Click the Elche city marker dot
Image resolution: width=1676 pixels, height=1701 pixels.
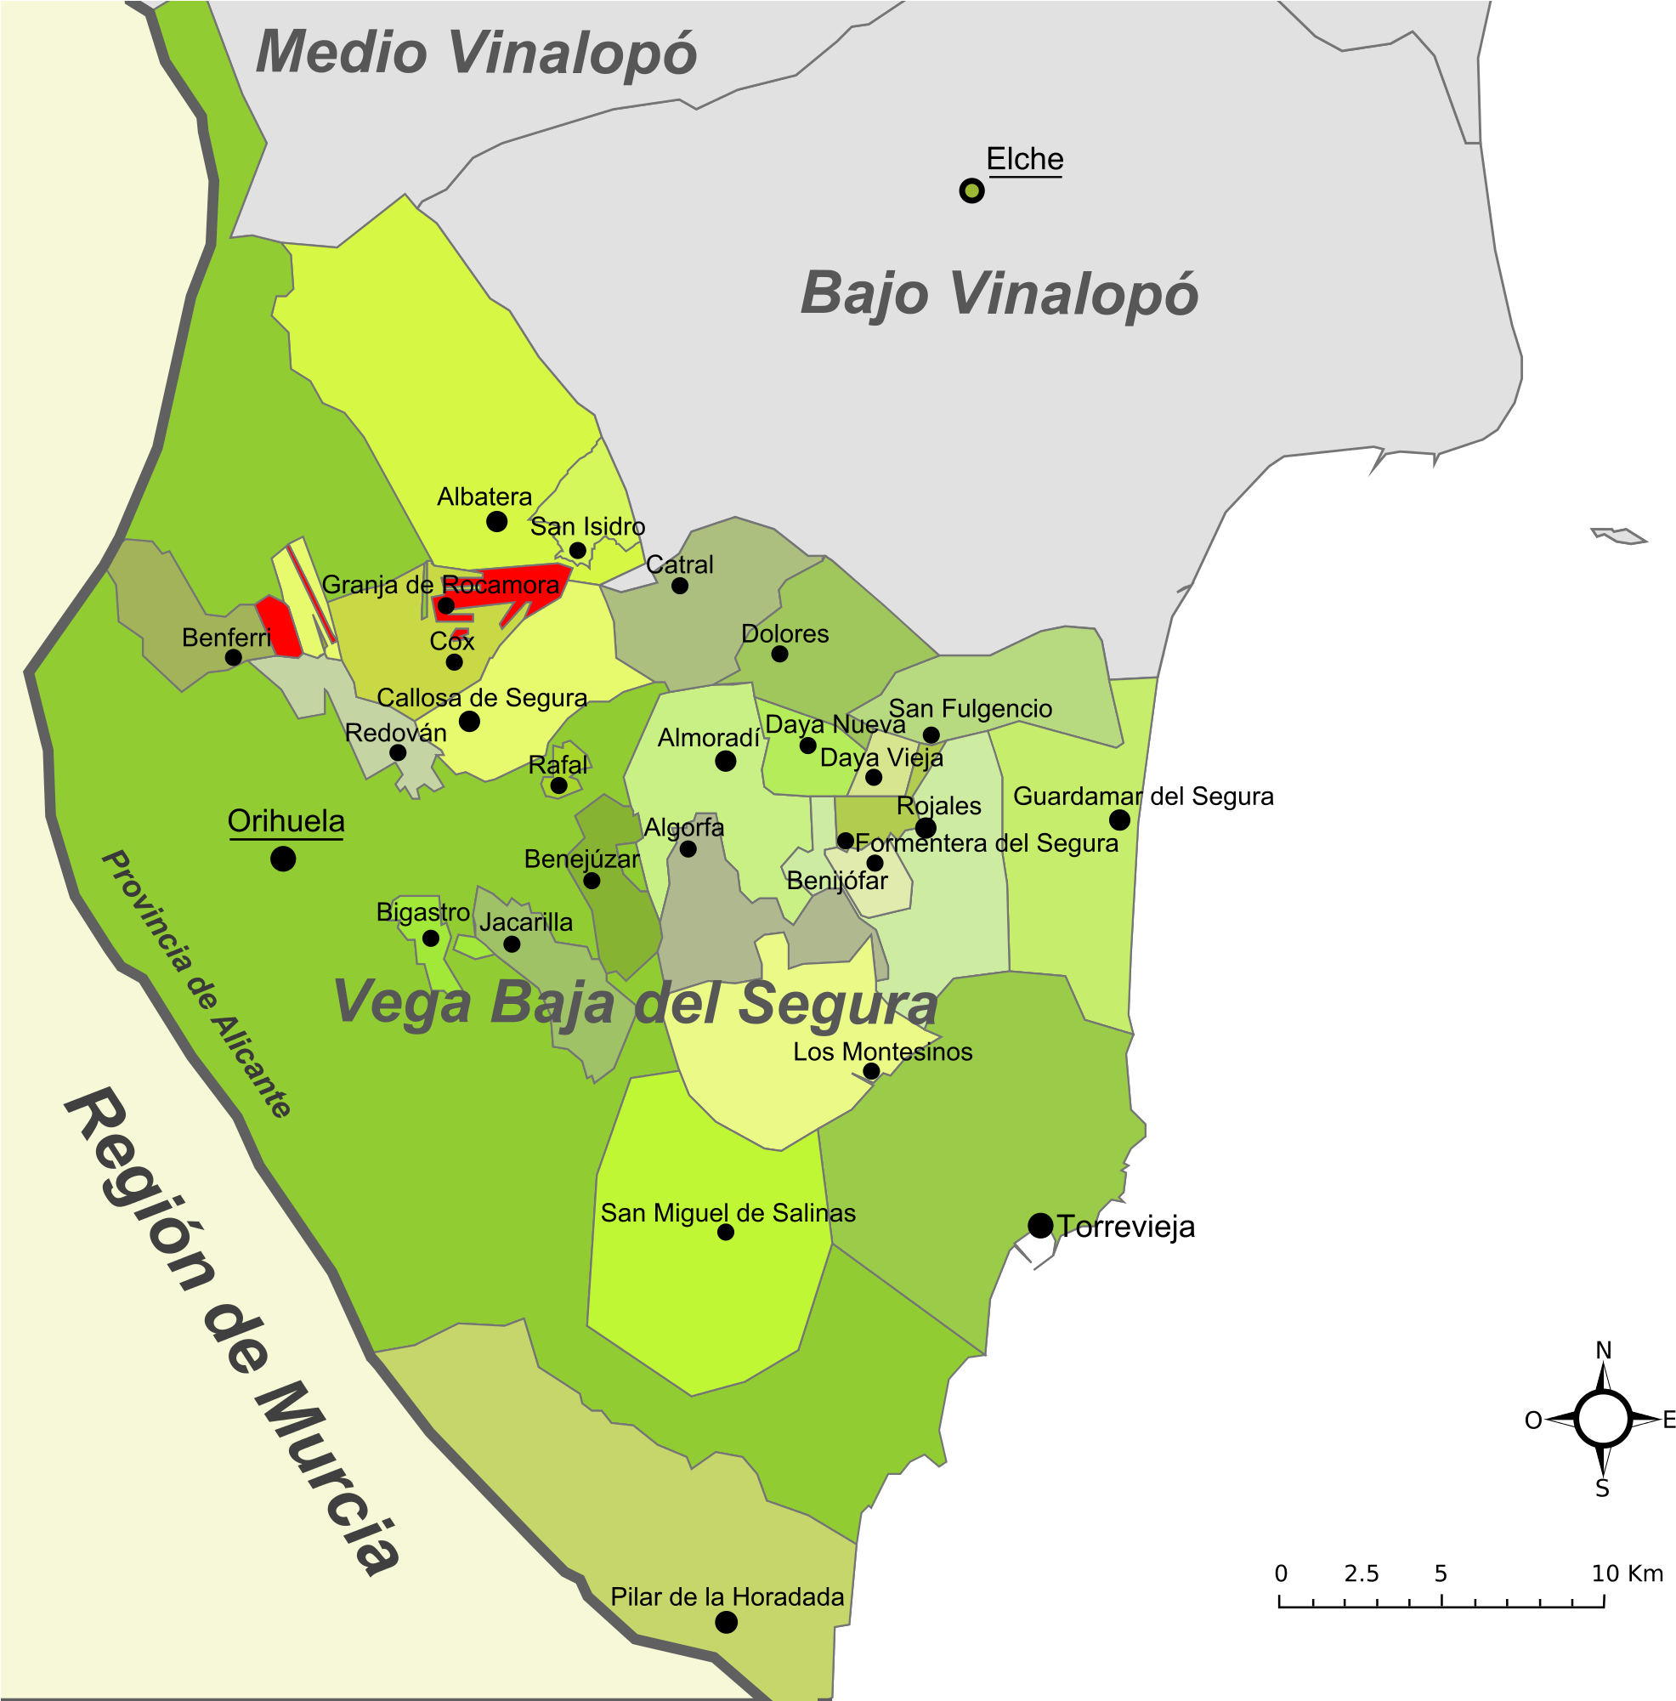[971, 190]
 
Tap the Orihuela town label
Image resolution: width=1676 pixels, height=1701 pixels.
[286, 820]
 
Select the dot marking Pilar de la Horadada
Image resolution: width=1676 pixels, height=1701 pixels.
[725, 1622]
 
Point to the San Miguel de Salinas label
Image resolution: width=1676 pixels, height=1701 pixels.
[728, 1212]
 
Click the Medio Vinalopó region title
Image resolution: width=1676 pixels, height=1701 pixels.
[475, 53]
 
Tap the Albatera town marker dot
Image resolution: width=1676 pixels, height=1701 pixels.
[496, 521]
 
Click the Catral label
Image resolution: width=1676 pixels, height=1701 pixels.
[680, 564]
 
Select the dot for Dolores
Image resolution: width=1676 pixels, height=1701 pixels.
[779, 653]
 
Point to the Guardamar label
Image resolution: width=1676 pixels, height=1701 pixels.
[1078, 796]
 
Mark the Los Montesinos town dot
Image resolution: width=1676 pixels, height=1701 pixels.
[870, 1070]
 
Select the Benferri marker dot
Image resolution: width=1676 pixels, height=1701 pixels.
[233, 657]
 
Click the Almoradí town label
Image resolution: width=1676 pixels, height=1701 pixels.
[708, 738]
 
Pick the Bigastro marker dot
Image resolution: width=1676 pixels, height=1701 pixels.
[430, 938]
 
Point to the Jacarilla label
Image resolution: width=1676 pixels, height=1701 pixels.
[525, 921]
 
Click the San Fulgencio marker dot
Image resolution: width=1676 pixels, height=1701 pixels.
[931, 734]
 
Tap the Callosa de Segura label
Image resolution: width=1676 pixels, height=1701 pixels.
[482, 697]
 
